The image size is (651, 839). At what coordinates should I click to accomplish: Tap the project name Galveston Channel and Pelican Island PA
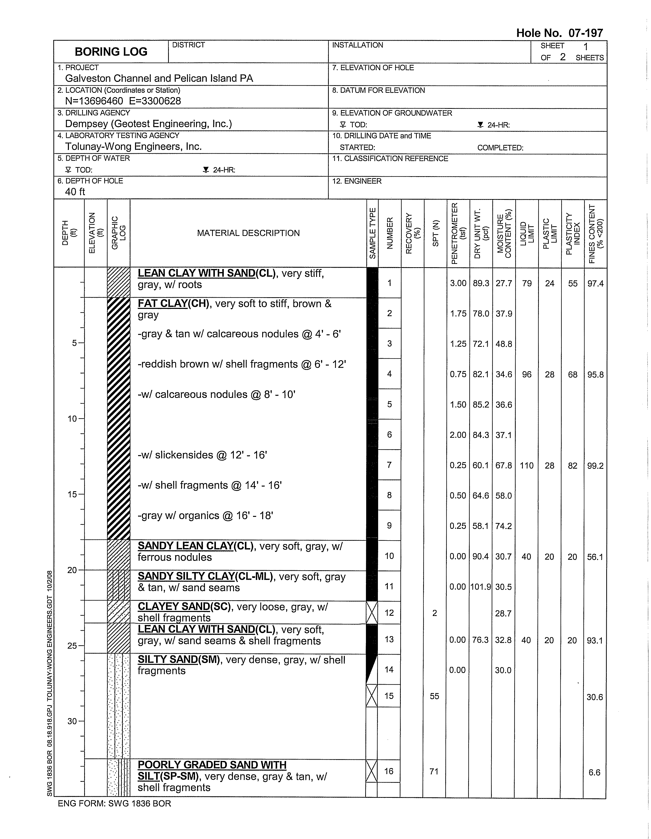pyautogui.click(x=159, y=78)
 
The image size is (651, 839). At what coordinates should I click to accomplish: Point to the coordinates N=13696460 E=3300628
pyautogui.click(x=123, y=101)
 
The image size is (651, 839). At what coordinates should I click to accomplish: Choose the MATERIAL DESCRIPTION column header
pyautogui.click(x=248, y=233)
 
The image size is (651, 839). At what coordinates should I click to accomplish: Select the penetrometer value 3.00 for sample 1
pyautogui.click(x=458, y=283)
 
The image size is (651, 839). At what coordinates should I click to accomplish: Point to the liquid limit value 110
pyautogui.click(x=526, y=466)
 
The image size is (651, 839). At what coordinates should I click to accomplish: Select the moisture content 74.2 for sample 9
pyautogui.click(x=504, y=526)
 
